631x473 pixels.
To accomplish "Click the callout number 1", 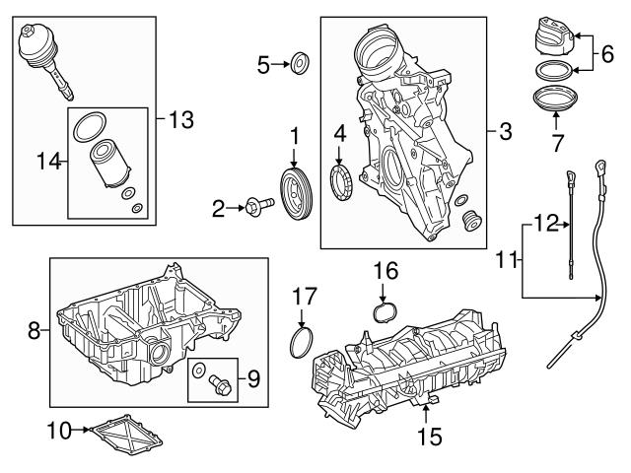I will point(293,134).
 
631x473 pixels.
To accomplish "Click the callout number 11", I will point(541,226).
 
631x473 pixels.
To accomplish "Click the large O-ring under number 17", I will point(301,342).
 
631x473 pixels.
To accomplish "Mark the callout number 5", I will point(263,66).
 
